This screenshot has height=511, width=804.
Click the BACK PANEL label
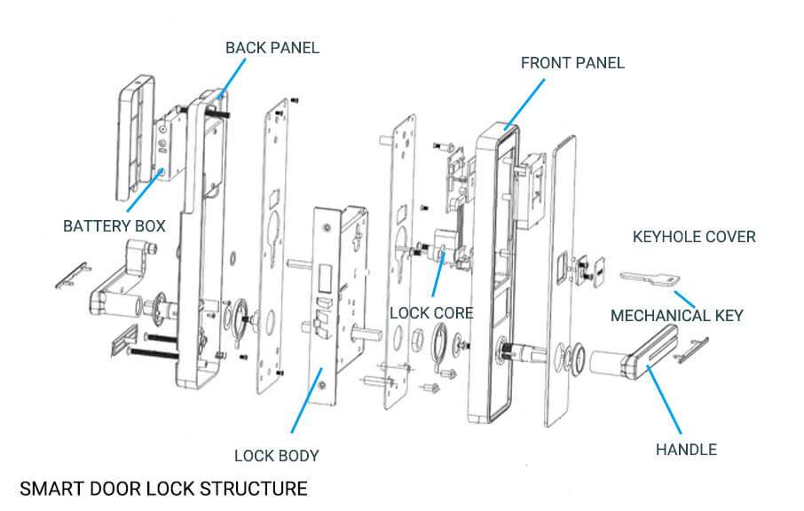(272, 47)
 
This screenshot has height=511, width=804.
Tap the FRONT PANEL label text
(572, 63)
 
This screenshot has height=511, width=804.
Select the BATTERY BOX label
(114, 226)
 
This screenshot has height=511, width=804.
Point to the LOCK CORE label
(432, 313)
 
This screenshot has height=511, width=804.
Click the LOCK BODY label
(276, 456)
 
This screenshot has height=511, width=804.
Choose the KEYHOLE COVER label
(694, 237)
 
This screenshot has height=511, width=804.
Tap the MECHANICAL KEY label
(676, 315)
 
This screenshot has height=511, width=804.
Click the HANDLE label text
(686, 450)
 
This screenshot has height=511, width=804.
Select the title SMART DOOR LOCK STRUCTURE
(163, 489)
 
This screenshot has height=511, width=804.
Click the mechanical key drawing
(651, 280)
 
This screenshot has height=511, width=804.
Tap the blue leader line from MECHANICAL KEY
(688, 298)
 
